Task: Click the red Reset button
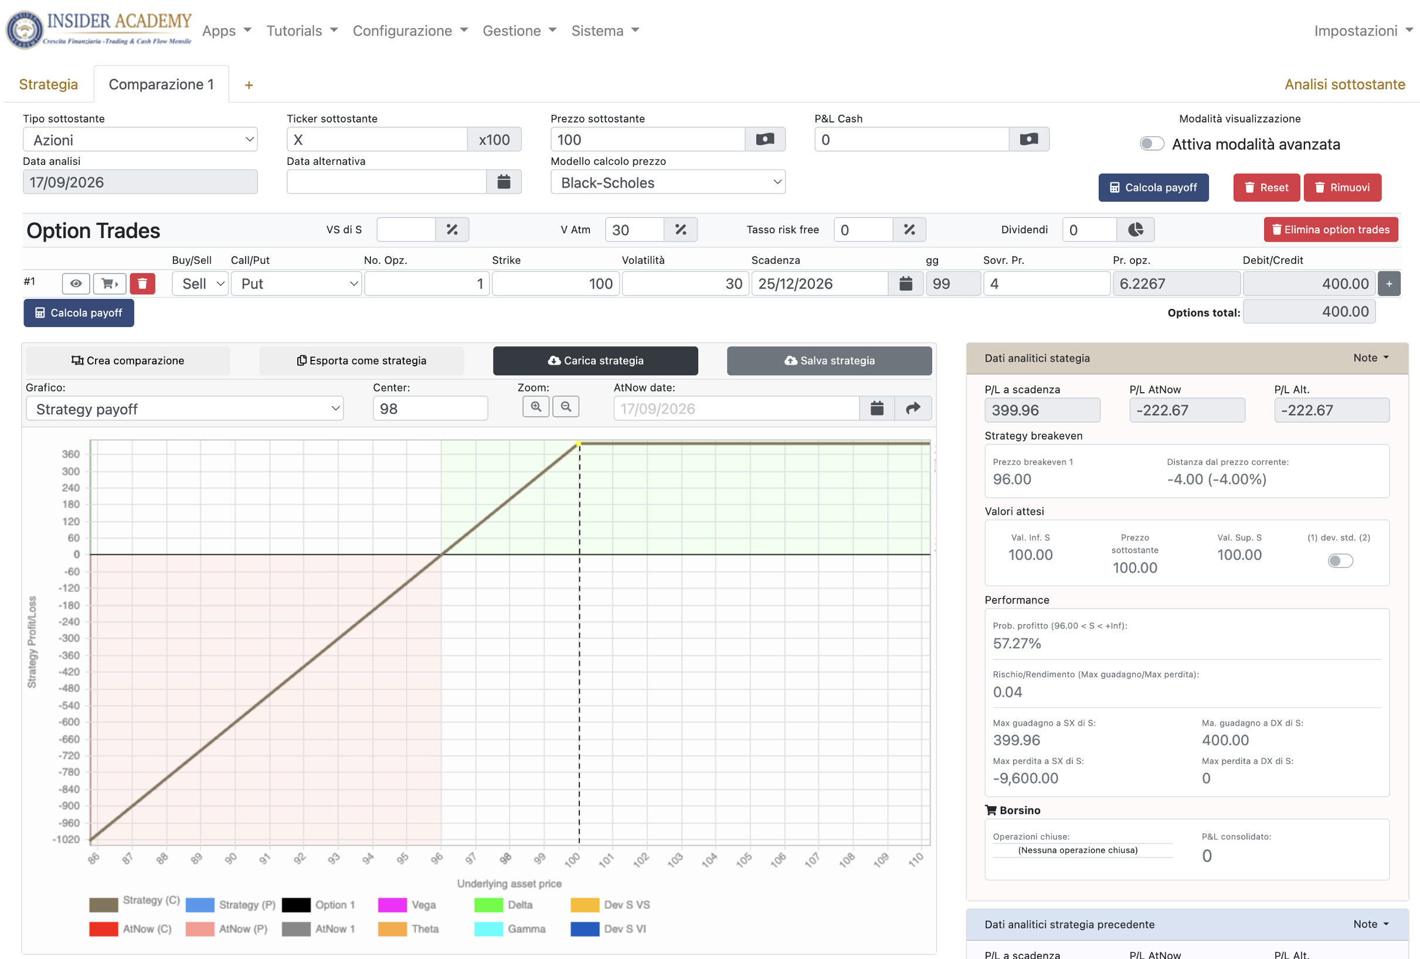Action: [x=1266, y=188]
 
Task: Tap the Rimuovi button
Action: [x=1342, y=188]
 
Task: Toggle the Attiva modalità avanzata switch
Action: [x=1151, y=144]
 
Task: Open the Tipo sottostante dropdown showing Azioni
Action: [x=140, y=140]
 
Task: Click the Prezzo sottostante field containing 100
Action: [x=648, y=140]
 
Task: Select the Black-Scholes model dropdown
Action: [x=668, y=183]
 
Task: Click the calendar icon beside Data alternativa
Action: [x=504, y=182]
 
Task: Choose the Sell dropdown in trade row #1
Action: [x=201, y=284]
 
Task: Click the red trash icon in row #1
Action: [x=142, y=284]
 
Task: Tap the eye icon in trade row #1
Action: [x=76, y=284]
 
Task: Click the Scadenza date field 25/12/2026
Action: [x=820, y=284]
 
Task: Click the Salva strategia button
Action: [x=829, y=361]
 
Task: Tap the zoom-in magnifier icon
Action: [x=536, y=407]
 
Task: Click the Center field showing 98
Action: [x=430, y=409]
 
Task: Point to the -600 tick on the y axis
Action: [x=69, y=722]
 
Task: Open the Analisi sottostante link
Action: [x=1344, y=84]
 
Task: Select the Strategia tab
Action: [x=48, y=84]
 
